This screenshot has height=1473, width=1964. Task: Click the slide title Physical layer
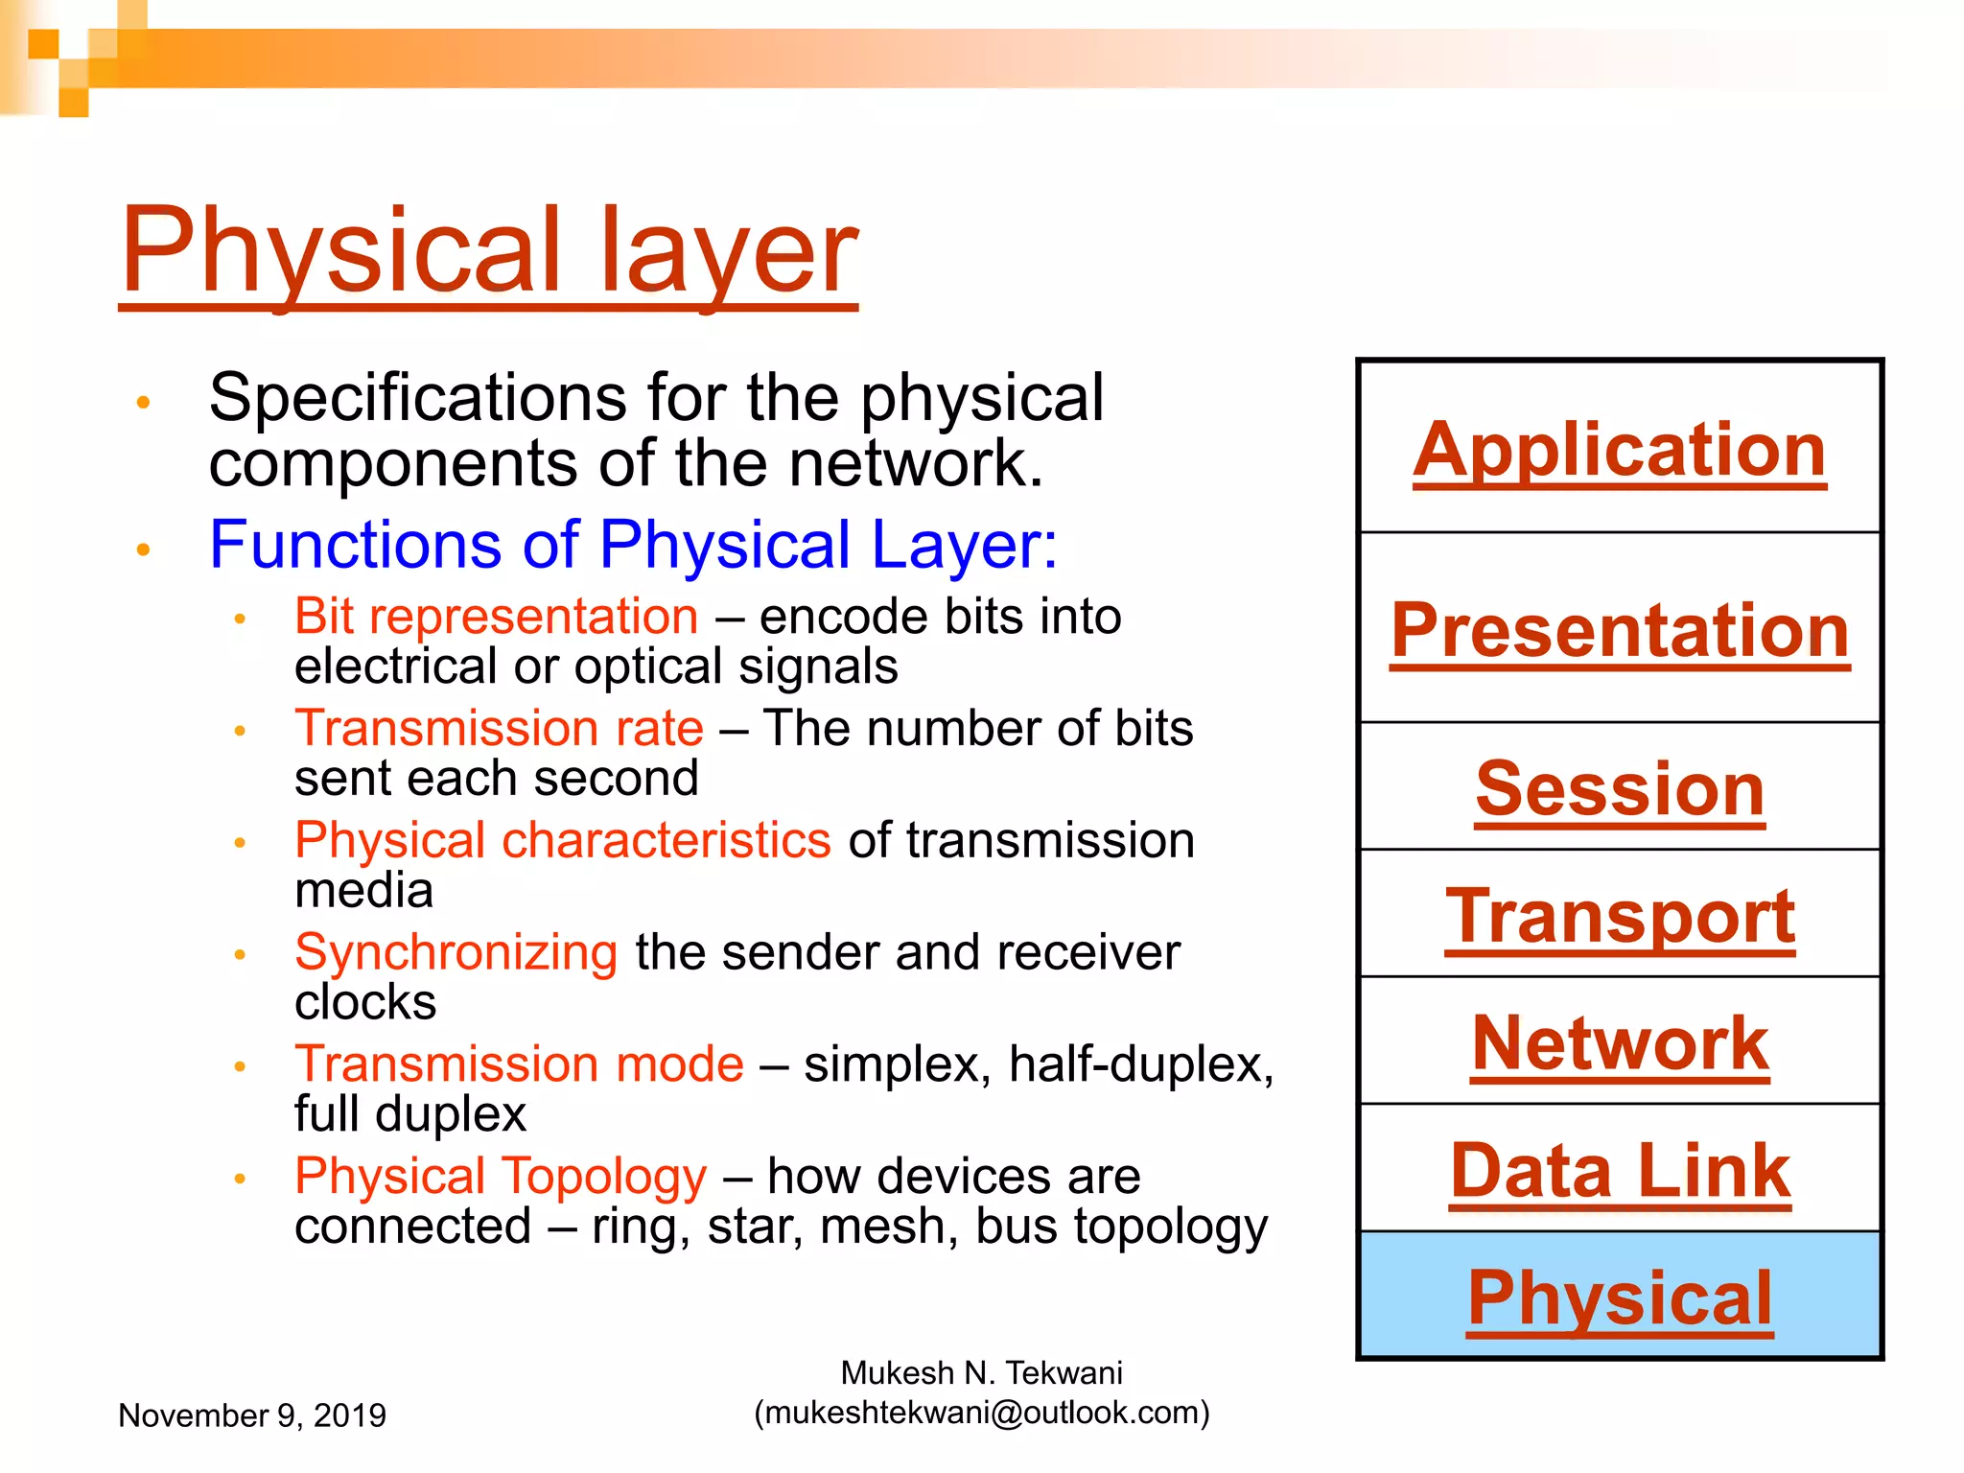489,251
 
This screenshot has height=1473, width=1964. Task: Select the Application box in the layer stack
1619,449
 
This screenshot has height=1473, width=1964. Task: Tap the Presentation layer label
1619,630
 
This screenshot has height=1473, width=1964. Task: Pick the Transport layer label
1619,916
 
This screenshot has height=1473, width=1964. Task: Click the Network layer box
1619,1043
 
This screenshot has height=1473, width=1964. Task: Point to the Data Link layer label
1619,1171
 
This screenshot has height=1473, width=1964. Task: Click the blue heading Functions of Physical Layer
633,545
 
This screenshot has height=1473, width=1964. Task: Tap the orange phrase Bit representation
496,616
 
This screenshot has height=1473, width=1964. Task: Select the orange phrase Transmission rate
499,728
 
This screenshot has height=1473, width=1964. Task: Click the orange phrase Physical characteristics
562,840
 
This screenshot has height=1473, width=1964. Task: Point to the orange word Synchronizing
456,952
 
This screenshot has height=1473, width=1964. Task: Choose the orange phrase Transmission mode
519,1064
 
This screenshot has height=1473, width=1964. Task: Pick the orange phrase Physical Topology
501,1177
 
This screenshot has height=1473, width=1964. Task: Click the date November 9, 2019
251,1415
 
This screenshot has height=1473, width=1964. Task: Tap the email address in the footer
982,1413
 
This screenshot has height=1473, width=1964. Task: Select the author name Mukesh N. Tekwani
982,1373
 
